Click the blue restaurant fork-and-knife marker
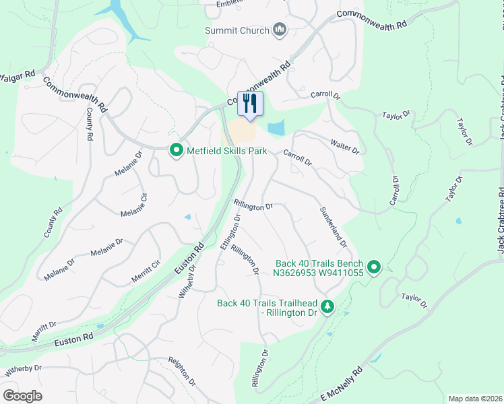[x=250, y=104]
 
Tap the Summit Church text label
[x=237, y=30]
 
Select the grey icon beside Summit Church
[x=280, y=30]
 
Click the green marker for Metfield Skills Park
[x=176, y=149]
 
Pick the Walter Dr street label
[x=344, y=146]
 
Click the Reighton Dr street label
[x=182, y=372]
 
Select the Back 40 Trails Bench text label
[x=319, y=268]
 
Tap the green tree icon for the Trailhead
[x=327, y=307]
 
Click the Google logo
[x=22, y=396]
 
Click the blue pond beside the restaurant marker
[x=276, y=128]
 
